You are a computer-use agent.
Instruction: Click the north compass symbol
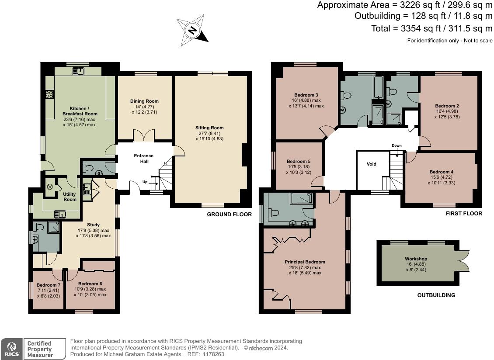192,30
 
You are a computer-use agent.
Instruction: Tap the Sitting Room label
209,128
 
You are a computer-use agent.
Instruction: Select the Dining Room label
144,101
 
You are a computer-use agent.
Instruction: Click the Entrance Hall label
144,159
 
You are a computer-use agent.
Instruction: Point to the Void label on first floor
372,164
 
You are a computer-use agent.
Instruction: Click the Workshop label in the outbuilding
416,259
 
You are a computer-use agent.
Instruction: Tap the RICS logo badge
12,349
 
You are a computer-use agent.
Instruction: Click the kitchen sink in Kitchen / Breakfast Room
78,71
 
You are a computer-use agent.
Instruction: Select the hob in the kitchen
49,94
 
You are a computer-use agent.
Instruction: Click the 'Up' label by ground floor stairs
145,182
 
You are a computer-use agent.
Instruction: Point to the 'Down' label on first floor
397,145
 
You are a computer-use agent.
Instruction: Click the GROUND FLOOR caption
230,214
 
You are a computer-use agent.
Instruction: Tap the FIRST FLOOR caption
464,213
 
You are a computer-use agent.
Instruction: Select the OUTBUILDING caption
436,295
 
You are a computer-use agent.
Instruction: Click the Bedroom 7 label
48,285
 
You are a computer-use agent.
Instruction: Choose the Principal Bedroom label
305,262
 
